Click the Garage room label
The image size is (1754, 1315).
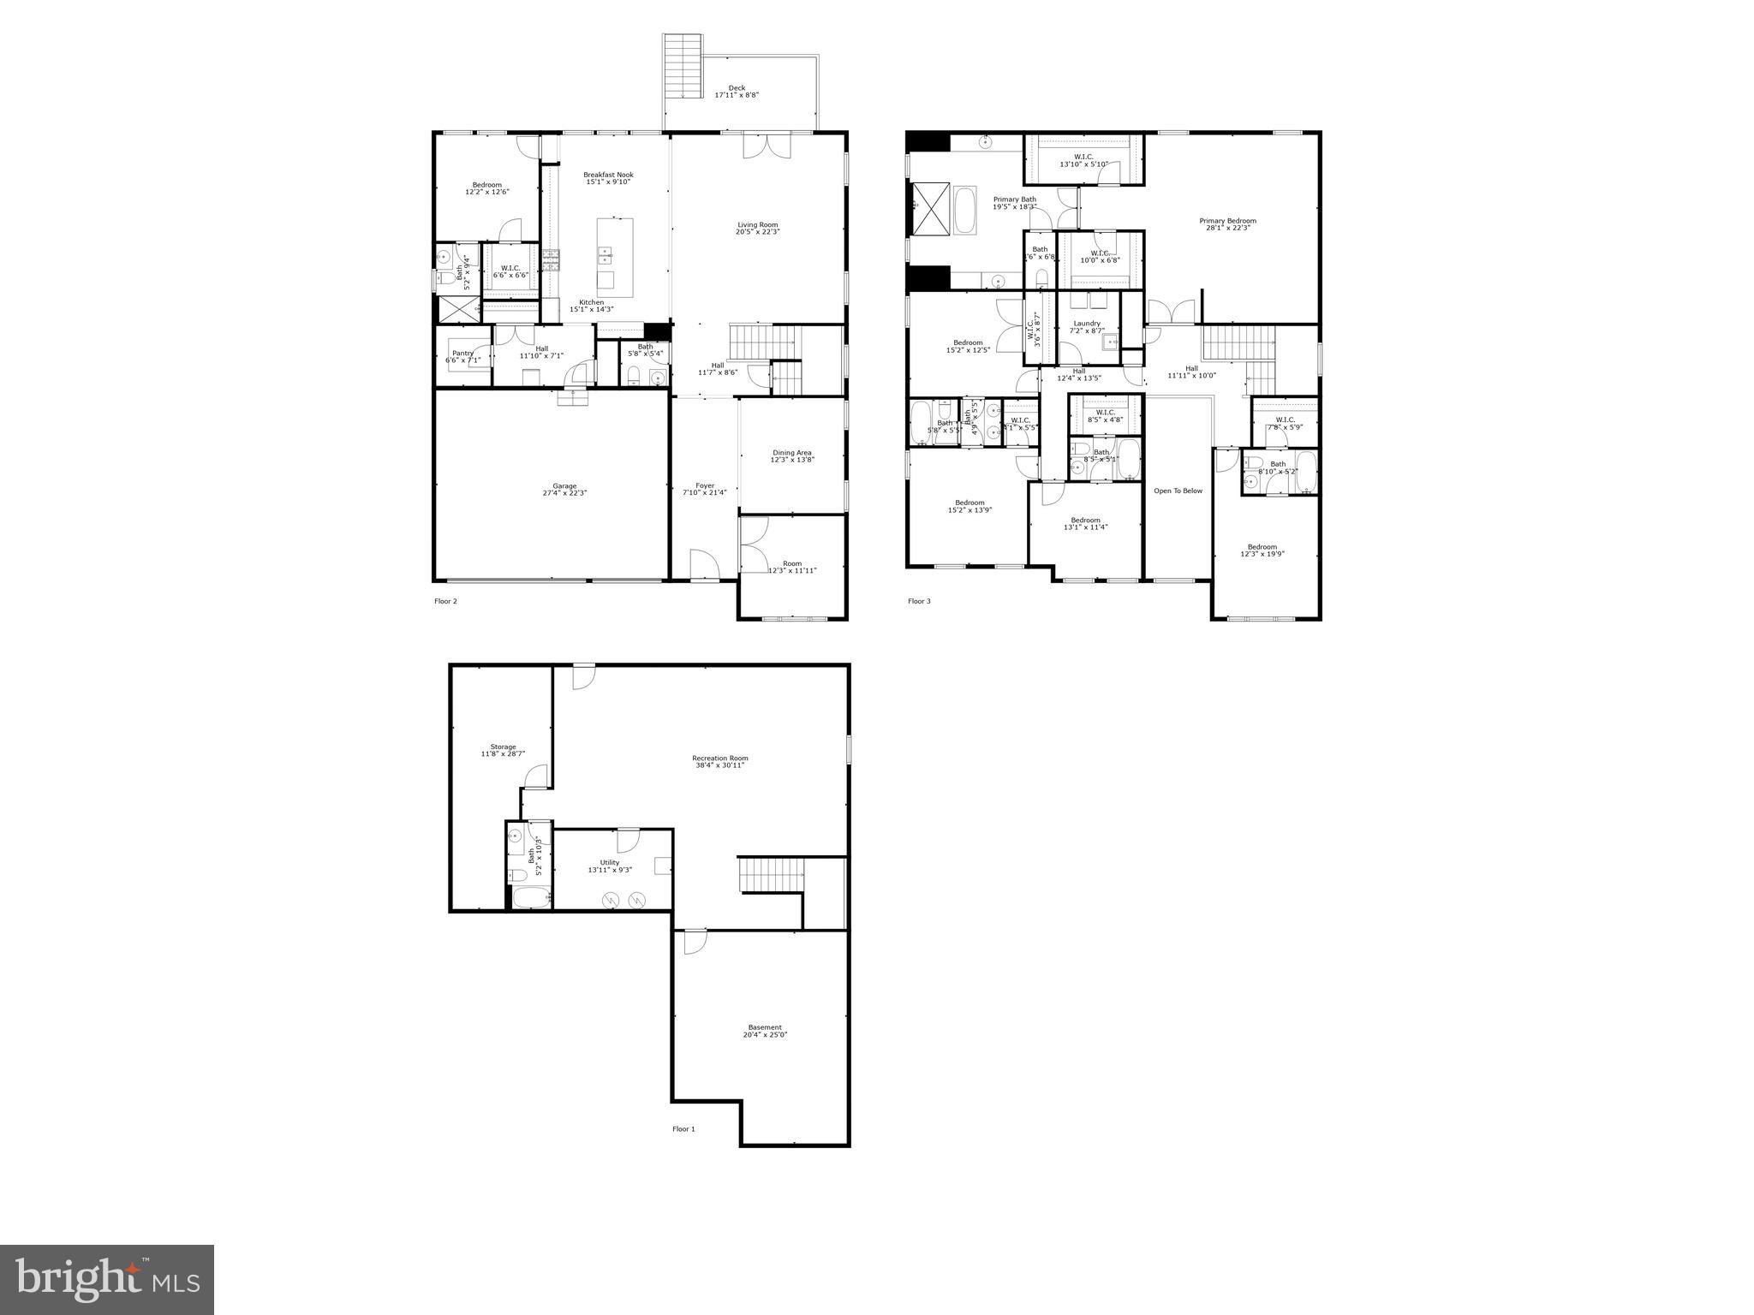pyautogui.click(x=564, y=489)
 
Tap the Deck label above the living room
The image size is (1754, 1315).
pyautogui.click(x=737, y=91)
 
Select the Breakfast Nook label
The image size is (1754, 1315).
pyautogui.click(x=608, y=178)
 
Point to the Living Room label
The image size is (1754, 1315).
pyautogui.click(x=758, y=228)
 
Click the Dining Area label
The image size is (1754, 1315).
pyautogui.click(x=792, y=455)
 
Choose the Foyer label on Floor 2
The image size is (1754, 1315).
pyautogui.click(x=704, y=489)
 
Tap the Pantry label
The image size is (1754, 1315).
pyautogui.click(x=462, y=356)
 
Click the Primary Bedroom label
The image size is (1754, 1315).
pyautogui.click(x=1227, y=224)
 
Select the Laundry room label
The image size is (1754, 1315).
pyautogui.click(x=1087, y=326)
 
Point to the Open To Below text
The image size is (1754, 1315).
pyautogui.click(x=1178, y=491)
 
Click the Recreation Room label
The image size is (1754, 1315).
pyautogui.click(x=720, y=761)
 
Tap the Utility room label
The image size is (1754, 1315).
pyautogui.click(x=609, y=866)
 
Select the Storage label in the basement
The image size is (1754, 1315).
pyautogui.click(x=503, y=750)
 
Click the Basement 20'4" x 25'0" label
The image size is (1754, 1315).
pyautogui.click(x=765, y=1031)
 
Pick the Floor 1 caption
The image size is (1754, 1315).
pyautogui.click(x=683, y=1128)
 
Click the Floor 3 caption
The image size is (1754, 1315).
pyautogui.click(x=919, y=601)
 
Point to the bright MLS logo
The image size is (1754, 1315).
pyautogui.click(x=107, y=1278)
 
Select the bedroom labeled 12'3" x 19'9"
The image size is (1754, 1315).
pyautogui.click(x=1262, y=550)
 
